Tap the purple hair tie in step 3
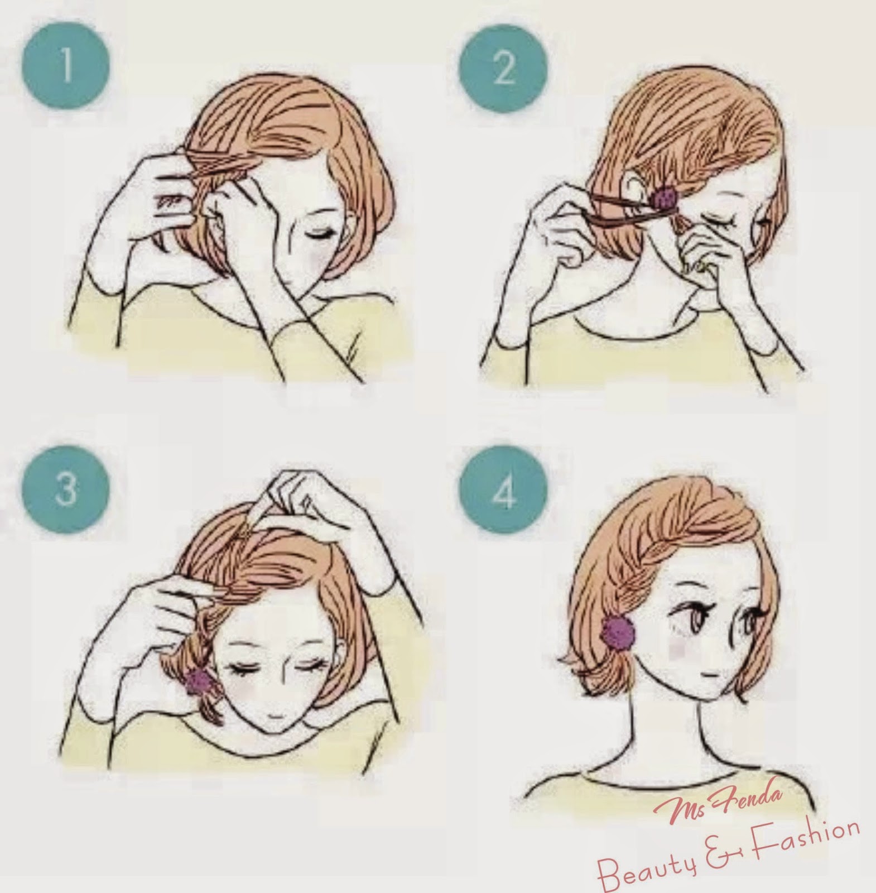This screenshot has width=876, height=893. pyautogui.click(x=199, y=680)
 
